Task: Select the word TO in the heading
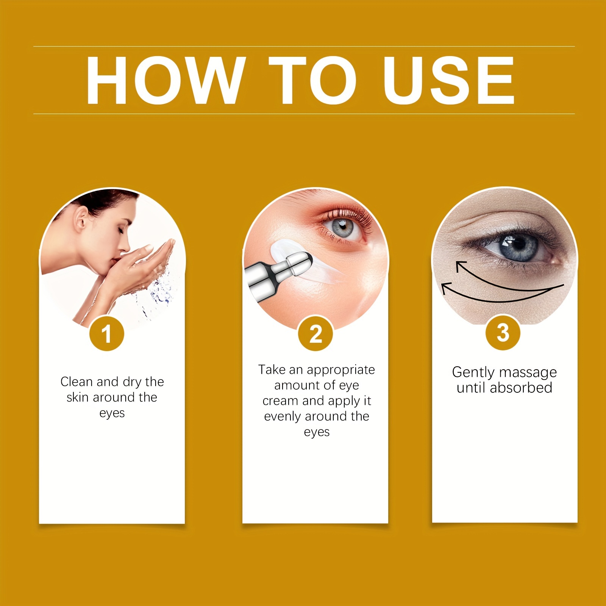313,80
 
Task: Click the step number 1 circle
107,334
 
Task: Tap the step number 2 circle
315,334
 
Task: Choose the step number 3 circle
503,333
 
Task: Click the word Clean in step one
77,382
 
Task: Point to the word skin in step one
78,397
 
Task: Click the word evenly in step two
283,416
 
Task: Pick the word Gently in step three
474,372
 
